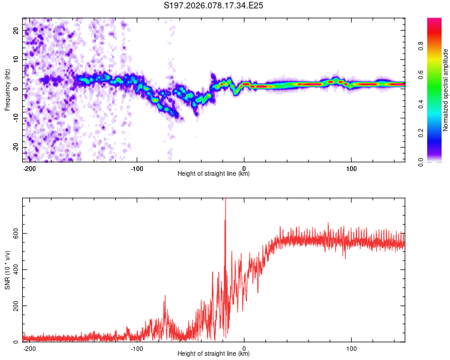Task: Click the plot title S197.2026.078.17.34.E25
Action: click(x=214, y=5)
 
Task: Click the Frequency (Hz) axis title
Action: click(x=7, y=89)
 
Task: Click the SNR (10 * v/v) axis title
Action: click(x=7, y=269)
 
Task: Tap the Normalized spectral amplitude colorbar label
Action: click(x=446, y=89)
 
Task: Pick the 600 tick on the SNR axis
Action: click(x=14, y=233)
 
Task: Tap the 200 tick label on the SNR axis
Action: click(x=14, y=306)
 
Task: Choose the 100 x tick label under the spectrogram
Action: click(x=351, y=168)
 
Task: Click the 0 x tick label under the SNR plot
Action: click(x=244, y=348)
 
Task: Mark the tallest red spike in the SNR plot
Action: click(x=226, y=201)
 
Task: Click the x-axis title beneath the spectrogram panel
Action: click(x=214, y=174)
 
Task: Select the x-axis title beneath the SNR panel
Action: click(x=214, y=354)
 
